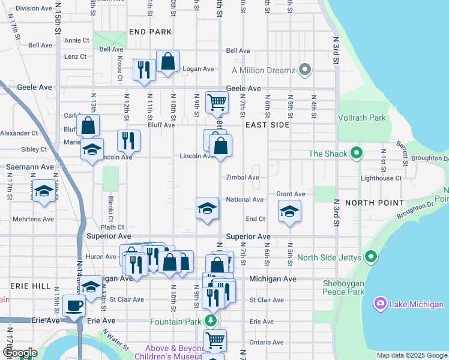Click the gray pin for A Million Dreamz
click(x=305, y=70)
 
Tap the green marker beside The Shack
click(x=357, y=154)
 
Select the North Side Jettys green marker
click(x=371, y=258)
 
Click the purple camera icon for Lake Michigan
click(x=379, y=304)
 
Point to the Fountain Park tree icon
click(x=210, y=321)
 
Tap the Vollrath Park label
click(x=362, y=118)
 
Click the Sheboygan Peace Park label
click(x=339, y=287)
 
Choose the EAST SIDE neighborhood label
click(x=267, y=125)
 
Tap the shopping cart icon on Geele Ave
click(x=216, y=101)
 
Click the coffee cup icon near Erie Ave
click(x=74, y=305)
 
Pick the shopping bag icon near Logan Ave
click(x=167, y=61)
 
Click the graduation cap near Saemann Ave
click(x=43, y=191)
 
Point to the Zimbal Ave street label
click(x=243, y=178)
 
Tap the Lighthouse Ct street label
click(x=381, y=178)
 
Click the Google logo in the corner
click(x=20, y=353)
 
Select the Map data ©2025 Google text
click(x=411, y=355)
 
